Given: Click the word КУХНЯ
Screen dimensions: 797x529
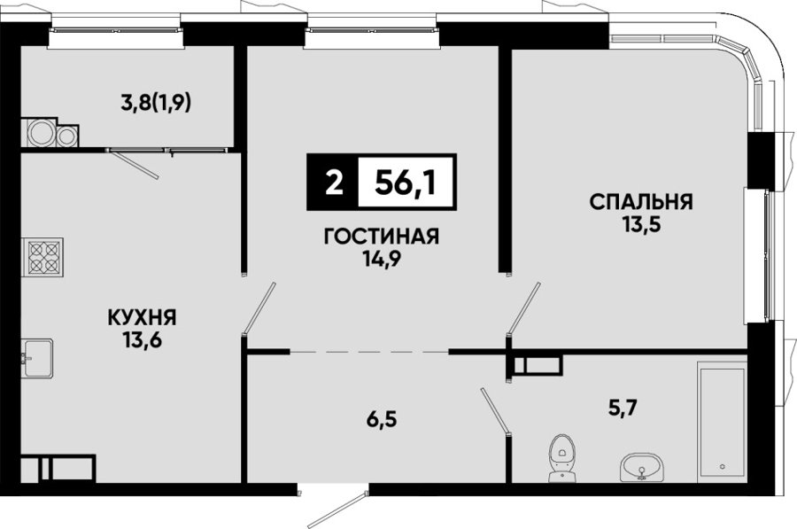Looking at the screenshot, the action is [142, 318].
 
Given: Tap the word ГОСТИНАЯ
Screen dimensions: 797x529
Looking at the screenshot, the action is [381, 237].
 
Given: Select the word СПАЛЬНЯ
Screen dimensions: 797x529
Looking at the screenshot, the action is [641, 202].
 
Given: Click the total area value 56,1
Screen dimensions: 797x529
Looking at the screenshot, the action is [405, 183].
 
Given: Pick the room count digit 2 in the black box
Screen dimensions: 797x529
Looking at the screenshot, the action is [334, 183].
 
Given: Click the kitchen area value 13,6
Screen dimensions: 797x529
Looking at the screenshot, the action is [142, 339].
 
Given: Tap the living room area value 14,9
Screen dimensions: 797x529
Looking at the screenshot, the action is [382, 259].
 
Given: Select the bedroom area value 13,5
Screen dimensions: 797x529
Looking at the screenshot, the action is [641, 224].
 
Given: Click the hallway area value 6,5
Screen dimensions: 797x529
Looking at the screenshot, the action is [380, 420].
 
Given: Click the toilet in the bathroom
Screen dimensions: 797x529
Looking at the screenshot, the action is [561, 458].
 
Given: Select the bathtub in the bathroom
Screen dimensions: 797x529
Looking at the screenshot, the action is [722, 421].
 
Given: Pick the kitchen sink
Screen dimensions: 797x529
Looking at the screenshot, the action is [37, 359].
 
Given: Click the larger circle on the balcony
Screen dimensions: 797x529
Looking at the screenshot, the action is [39, 133].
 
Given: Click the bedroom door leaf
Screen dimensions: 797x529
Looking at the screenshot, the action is [523, 308].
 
